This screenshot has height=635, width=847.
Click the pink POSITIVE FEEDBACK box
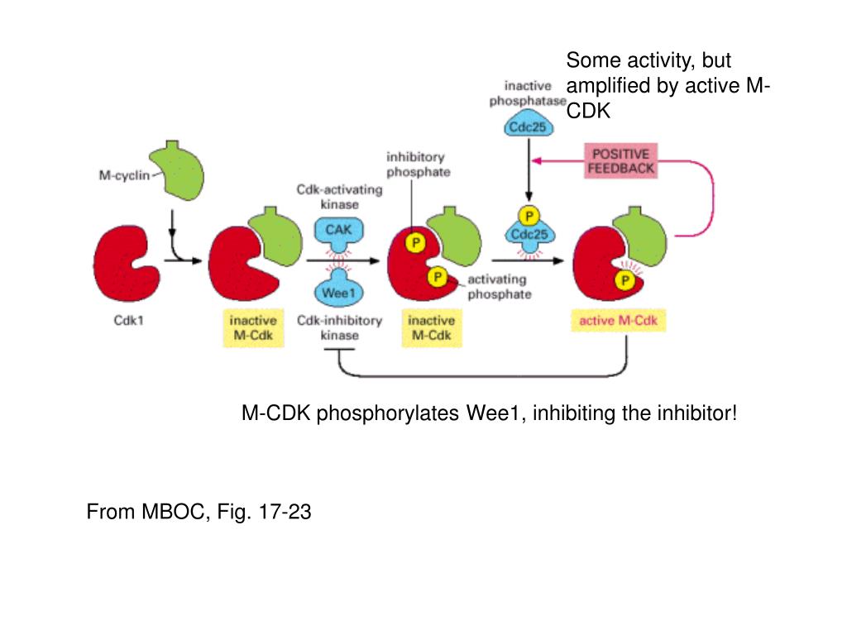point(620,161)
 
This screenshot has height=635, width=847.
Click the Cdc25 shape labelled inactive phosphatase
point(529,127)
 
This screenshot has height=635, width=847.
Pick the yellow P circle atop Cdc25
point(529,217)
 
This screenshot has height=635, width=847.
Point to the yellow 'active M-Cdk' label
point(618,321)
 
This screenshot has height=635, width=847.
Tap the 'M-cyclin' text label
point(120,174)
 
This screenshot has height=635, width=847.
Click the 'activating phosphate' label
point(499,287)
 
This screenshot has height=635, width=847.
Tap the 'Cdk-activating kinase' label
point(339,196)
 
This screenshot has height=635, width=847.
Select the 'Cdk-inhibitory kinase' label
point(339,327)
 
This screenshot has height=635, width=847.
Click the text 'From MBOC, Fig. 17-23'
point(199,513)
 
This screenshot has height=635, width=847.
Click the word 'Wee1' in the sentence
point(494,413)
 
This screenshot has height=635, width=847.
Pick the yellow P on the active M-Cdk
point(626,282)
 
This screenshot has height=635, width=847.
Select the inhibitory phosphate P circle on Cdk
point(416,243)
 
